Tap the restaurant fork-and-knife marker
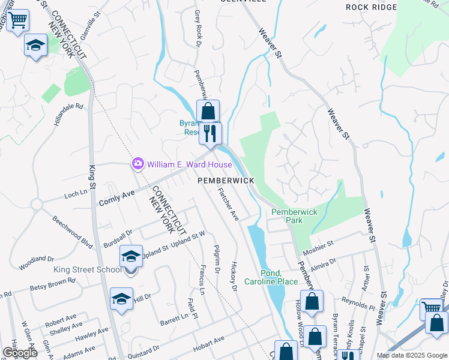pos(209,133)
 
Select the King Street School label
pos(88,269)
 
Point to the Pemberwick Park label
pos(294,217)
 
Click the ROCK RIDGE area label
pos(372,7)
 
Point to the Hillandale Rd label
pos(68,113)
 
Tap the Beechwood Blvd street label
pos(73,232)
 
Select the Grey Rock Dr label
pos(198,28)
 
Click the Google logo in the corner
pos(20,352)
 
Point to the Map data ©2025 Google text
pos(411,355)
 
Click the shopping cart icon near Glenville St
pos(17,21)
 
